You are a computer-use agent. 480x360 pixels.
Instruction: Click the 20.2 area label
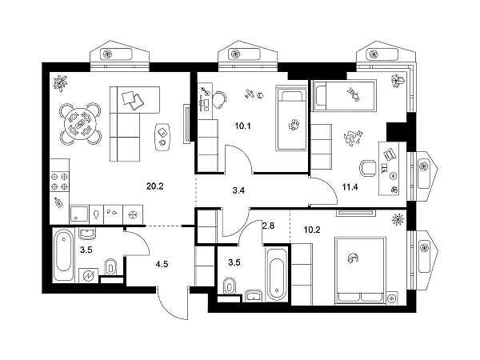(x=155, y=186)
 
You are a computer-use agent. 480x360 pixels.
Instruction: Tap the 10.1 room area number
(x=242, y=126)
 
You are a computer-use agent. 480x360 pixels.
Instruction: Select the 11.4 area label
(x=350, y=186)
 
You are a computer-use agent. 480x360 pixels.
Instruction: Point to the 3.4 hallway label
(x=238, y=190)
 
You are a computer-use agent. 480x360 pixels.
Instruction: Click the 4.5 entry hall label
(x=162, y=264)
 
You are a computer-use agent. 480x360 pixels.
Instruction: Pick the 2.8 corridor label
(x=268, y=226)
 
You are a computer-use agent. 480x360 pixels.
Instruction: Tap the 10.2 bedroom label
(x=312, y=230)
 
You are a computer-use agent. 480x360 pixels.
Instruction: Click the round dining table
(x=80, y=124)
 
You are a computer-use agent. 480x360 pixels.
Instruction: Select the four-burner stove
(x=60, y=182)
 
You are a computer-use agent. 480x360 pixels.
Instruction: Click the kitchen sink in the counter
(x=79, y=214)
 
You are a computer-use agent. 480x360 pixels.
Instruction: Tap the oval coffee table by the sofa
(x=162, y=137)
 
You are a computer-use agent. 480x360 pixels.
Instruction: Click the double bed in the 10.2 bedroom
(x=360, y=270)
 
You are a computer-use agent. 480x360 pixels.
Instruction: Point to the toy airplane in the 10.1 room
(x=250, y=94)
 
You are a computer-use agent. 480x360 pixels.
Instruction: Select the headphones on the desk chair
(x=220, y=99)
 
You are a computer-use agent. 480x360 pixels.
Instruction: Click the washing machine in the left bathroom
(x=89, y=276)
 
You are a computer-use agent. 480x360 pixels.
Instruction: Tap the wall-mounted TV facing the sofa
(x=186, y=123)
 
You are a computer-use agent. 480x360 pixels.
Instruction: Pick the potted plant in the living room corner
(x=60, y=83)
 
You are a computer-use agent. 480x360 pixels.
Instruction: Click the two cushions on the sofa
(x=133, y=100)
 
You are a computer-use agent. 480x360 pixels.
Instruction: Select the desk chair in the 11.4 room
(x=367, y=168)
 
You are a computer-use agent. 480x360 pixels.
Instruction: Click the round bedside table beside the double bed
(x=391, y=298)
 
